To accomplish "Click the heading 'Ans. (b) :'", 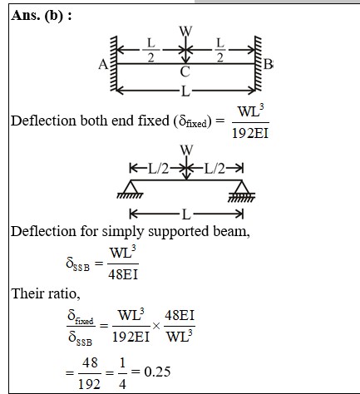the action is [x=42, y=16].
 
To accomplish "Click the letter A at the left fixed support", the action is [x=103, y=65].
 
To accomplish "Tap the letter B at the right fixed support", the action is [x=268, y=64].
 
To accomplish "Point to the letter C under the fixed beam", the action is [x=185, y=72].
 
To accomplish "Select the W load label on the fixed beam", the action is [x=186, y=31].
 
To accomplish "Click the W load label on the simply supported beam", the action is [x=186, y=150].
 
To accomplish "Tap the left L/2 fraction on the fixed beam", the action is [x=151, y=50].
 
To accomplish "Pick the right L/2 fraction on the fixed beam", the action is [x=219, y=50].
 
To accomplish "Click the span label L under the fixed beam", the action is [x=185, y=91].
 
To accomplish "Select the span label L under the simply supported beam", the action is [x=186, y=214].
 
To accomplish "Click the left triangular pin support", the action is [x=131, y=190].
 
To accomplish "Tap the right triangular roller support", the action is [x=242, y=190].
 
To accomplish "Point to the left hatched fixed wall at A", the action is [x=113, y=64].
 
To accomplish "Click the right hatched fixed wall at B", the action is [x=258, y=64].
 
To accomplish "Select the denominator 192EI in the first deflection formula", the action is [x=250, y=133].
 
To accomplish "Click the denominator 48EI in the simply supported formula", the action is [x=123, y=274].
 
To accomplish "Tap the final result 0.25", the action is [x=157, y=372].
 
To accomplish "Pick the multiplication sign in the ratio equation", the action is [x=156, y=326].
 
